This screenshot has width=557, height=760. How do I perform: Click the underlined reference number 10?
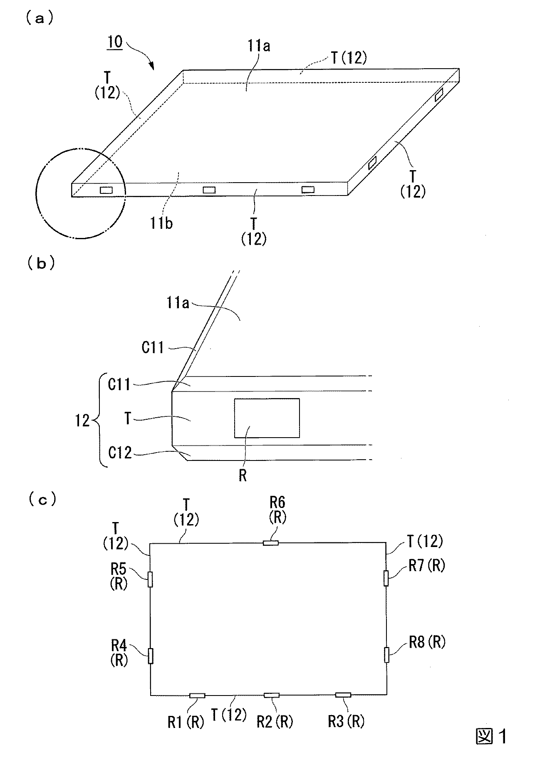[x=115, y=42]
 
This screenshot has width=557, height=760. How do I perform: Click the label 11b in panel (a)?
[x=162, y=223]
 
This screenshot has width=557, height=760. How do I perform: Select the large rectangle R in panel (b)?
[x=267, y=418]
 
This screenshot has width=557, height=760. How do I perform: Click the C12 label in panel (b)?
[x=120, y=453]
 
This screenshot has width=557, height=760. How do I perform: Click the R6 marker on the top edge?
[x=271, y=542]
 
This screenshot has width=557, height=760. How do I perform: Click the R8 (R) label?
[x=427, y=642]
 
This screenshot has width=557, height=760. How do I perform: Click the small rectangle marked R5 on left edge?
[x=150, y=579]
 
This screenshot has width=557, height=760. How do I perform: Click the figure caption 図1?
[x=491, y=736]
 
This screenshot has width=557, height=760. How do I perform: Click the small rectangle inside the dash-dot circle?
[x=106, y=190]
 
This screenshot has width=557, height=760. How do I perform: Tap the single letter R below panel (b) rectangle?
[x=243, y=475]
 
